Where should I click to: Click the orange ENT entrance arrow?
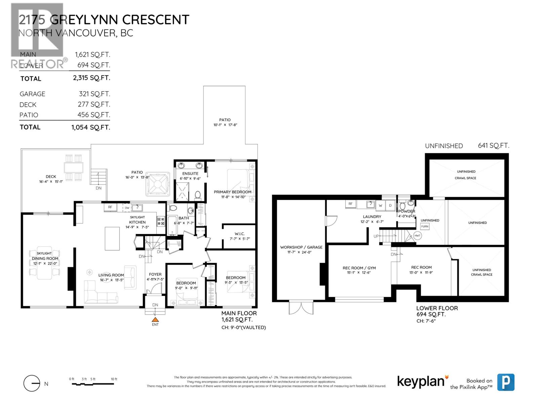(155, 320)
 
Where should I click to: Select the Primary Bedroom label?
(232, 192)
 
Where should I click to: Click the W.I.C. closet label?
(239, 234)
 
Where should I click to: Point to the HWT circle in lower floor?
(417, 236)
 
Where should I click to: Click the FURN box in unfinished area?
(425, 226)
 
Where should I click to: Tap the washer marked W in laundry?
(381, 205)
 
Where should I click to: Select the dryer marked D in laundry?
(390, 205)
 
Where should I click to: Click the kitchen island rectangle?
(112, 238)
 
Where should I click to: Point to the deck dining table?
(74, 167)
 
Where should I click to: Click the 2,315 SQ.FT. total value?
(91, 78)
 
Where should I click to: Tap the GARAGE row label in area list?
(32, 94)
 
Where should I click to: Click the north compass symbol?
(32, 383)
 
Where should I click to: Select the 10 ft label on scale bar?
(114, 379)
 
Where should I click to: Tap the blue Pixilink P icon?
(506, 382)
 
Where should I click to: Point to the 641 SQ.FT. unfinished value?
(493, 145)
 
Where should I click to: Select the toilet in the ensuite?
(198, 195)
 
